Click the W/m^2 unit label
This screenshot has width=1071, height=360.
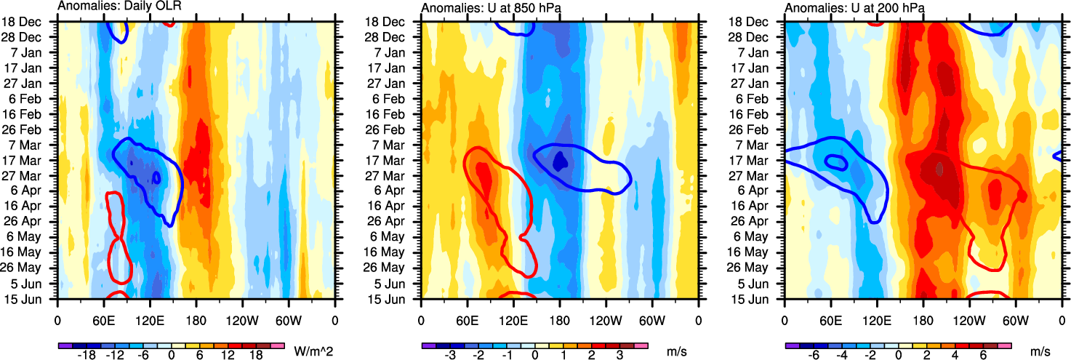[314, 351]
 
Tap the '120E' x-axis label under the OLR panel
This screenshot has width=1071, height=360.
[150, 320]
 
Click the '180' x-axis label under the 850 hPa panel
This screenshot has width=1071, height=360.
[560, 320]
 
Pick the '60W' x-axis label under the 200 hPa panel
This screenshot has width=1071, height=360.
[1016, 320]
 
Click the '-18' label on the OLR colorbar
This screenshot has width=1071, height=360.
[87, 356]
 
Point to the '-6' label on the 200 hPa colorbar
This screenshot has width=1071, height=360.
[814, 356]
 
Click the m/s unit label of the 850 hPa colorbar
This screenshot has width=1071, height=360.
[677, 351]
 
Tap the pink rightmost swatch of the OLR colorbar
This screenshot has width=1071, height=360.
[277, 345]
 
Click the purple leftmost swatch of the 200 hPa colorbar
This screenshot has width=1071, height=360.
[793, 345]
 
